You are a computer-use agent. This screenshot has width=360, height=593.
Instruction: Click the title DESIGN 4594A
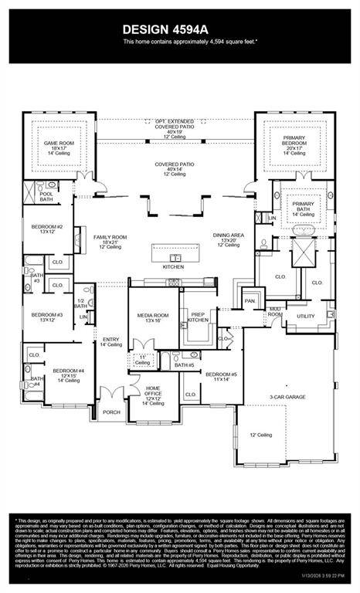(179, 29)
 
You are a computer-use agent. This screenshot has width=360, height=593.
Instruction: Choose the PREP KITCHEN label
(199, 317)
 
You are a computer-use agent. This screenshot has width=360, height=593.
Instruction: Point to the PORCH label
(112, 412)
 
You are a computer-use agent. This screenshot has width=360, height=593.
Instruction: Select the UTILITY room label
(306, 316)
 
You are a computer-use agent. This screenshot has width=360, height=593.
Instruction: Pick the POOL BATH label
(46, 196)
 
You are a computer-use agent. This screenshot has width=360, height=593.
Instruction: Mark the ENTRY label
(109, 341)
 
